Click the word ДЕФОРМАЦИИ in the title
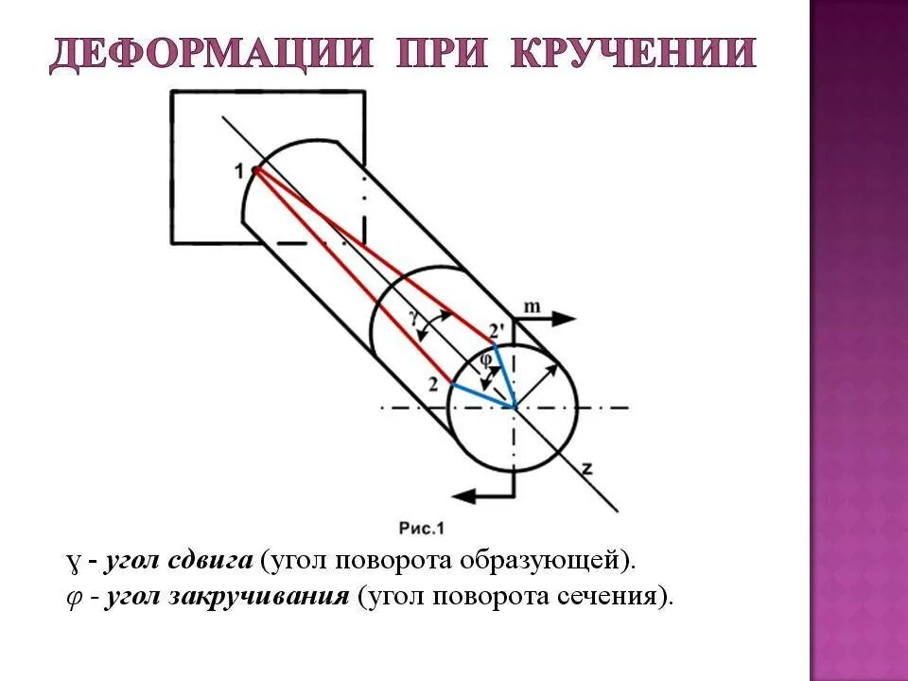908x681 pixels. click(x=209, y=54)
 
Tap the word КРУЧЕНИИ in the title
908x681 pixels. click(x=633, y=54)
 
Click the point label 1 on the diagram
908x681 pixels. click(x=240, y=170)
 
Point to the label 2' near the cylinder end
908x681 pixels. click(x=498, y=332)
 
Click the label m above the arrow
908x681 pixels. click(x=533, y=306)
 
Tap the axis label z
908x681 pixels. click(x=587, y=467)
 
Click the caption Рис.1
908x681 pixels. click(x=422, y=528)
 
